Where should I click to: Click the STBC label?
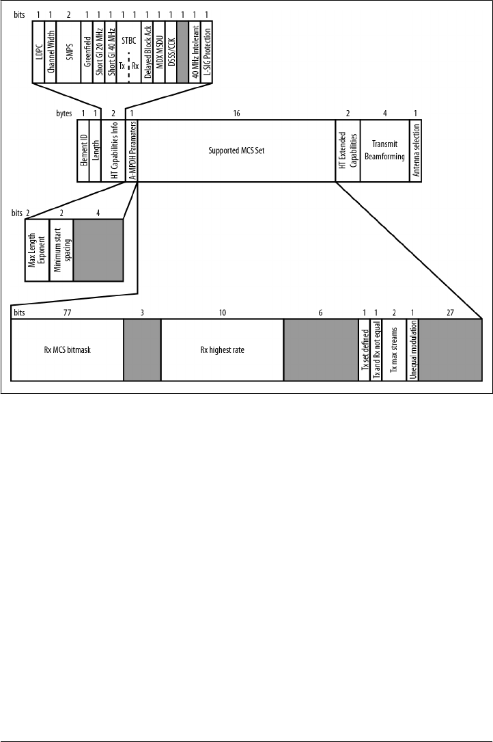(128, 41)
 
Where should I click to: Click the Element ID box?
(83, 150)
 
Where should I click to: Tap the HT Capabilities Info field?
(113, 150)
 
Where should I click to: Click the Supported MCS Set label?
(236, 150)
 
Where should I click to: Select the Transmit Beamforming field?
(384, 150)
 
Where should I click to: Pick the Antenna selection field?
(415, 150)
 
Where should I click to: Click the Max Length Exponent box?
(37, 250)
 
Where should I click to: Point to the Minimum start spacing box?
(61, 250)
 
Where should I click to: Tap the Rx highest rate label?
(222, 350)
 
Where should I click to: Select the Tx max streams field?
(394, 350)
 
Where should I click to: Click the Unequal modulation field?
(412, 350)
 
